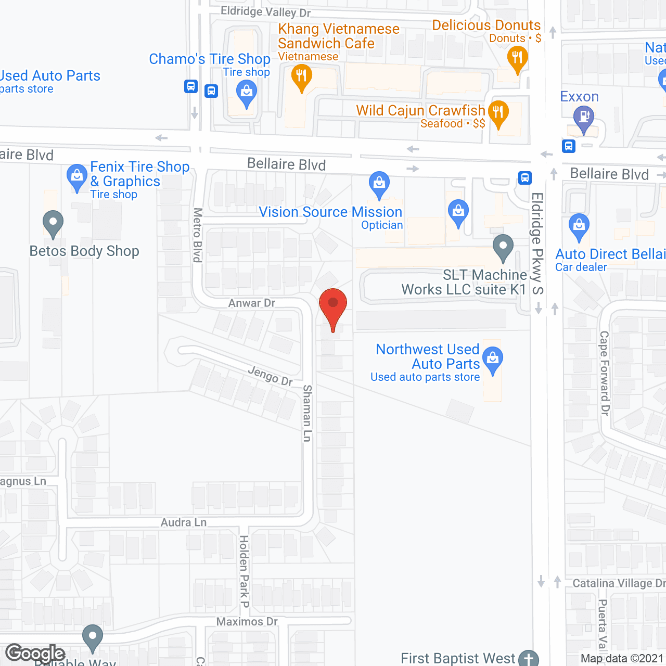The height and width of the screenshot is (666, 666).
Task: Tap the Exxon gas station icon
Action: click(x=584, y=117)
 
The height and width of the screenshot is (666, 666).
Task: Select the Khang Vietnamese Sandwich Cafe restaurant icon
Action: click(x=301, y=76)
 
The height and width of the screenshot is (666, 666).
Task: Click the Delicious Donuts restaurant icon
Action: click(x=517, y=58)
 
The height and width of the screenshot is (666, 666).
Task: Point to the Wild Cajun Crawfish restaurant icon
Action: click(x=498, y=112)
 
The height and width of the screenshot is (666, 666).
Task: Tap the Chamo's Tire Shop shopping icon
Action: click(x=246, y=94)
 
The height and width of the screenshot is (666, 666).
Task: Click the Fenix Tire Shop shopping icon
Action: click(x=77, y=176)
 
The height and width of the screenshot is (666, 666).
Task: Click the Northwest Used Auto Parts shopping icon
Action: click(x=492, y=358)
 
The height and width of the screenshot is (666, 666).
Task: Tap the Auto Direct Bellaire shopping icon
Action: click(x=579, y=226)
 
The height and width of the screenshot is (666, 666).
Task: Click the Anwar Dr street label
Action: click(x=252, y=303)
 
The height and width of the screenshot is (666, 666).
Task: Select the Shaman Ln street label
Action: click(x=308, y=413)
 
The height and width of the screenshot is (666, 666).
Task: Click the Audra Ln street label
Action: click(x=184, y=522)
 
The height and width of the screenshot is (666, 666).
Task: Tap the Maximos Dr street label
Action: click(x=247, y=621)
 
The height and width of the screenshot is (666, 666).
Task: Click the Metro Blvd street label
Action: click(x=198, y=235)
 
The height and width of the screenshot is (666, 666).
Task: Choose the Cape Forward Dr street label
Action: click(x=604, y=373)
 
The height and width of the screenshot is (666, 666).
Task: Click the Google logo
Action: click(x=35, y=654)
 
